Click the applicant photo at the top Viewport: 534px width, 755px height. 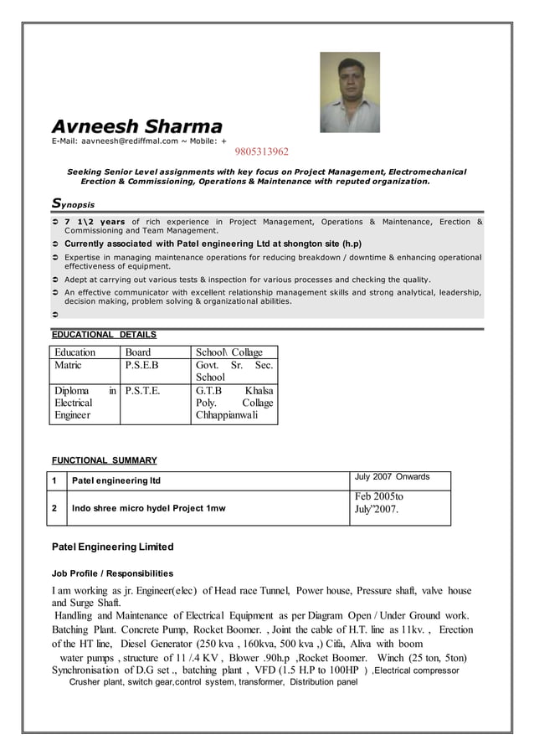[349, 92]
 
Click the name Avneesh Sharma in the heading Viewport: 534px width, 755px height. [136, 126]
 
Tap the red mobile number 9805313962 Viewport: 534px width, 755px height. [260, 152]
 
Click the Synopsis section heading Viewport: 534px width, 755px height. [73, 203]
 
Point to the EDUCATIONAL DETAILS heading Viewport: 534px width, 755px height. [104, 335]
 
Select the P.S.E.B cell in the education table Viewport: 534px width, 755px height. [141, 365]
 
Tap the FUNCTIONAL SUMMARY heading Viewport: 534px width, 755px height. [104, 460]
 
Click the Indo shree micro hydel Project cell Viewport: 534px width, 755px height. [149, 508]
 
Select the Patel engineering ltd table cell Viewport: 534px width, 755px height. [116, 480]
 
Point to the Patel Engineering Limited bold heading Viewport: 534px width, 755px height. [112, 547]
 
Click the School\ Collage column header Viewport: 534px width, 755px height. [228, 352]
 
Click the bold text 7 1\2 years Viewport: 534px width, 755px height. [95, 222]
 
